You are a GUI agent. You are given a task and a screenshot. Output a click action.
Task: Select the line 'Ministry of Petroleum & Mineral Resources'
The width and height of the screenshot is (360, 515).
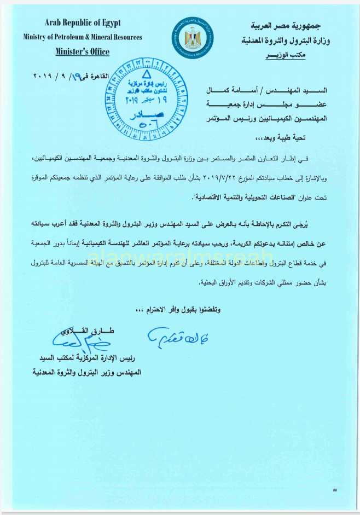click(x=83, y=37)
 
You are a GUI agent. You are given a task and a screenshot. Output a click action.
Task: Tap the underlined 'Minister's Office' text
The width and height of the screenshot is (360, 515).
click(x=83, y=52)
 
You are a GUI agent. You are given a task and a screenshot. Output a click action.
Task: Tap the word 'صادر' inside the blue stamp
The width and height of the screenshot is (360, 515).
click(x=138, y=117)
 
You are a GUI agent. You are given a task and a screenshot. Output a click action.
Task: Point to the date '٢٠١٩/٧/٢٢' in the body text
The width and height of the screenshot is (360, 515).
click(x=218, y=177)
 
